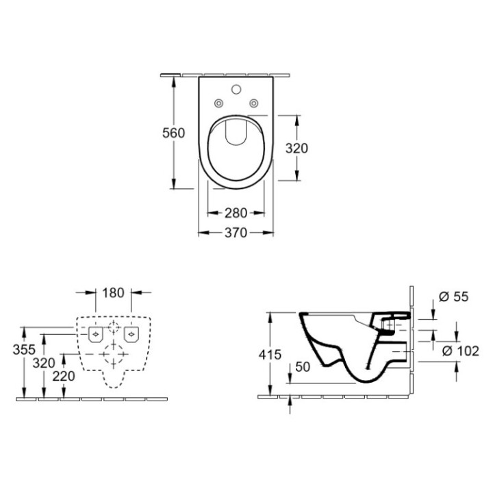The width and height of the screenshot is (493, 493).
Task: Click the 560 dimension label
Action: pyautogui.click(x=174, y=133)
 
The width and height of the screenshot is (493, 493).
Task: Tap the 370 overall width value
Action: pyautogui.click(x=236, y=233)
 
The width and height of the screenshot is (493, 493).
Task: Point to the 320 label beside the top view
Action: pyautogui.click(x=296, y=148)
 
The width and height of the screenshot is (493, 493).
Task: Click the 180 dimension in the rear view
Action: pyautogui.click(x=114, y=292)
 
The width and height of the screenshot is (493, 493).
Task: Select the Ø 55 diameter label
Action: pyautogui.click(x=452, y=296)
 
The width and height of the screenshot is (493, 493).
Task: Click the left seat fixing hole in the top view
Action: pyautogui.click(x=218, y=103)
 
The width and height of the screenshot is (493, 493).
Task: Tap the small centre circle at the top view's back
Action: pyautogui.click(x=236, y=89)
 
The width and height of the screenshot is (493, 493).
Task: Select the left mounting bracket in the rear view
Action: pyautogui.click(x=96, y=333)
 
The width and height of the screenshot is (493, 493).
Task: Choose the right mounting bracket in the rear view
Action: pyautogui.click(x=131, y=333)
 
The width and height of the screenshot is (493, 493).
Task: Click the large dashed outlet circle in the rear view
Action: pyautogui.click(x=114, y=355)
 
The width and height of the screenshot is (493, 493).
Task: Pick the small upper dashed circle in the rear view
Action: pyautogui.click(x=114, y=325)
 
